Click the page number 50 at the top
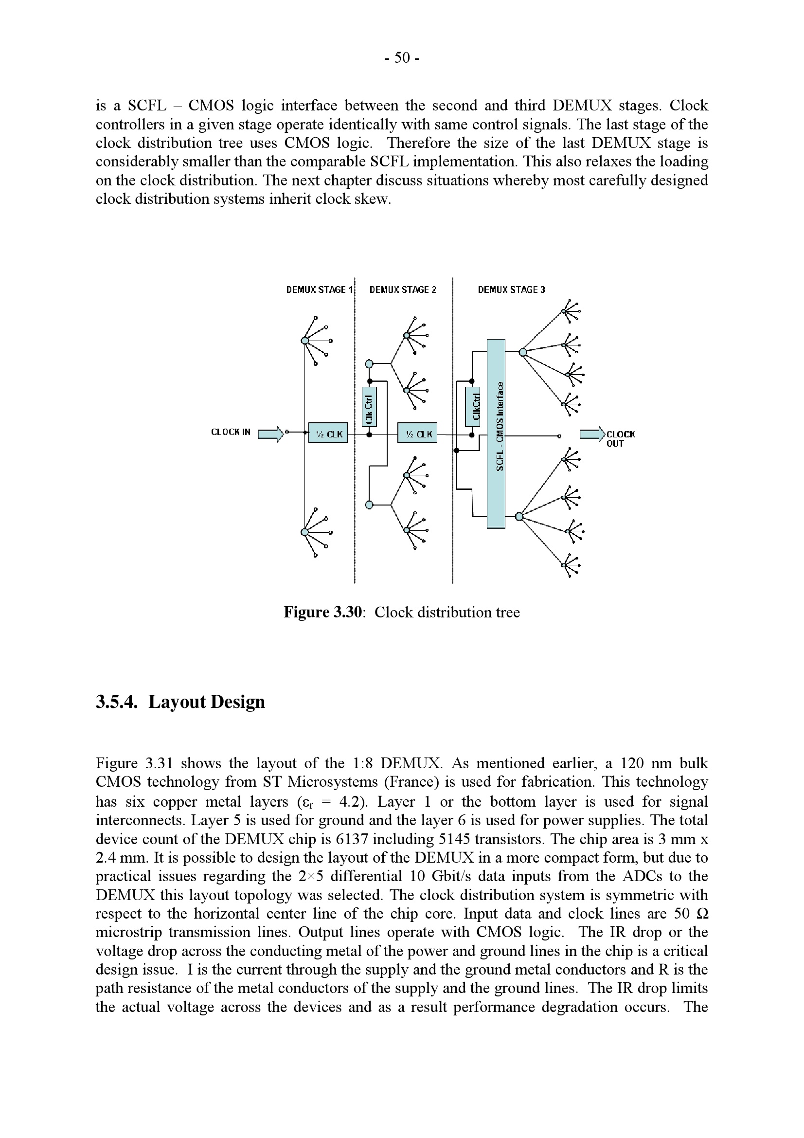coord(402,58)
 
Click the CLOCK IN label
coord(231,432)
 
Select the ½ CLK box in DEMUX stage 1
coord(328,434)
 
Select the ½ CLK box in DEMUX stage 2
coord(417,434)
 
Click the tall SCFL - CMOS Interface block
coord(496,434)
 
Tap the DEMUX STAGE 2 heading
coord(403,290)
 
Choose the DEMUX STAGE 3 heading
coord(511,290)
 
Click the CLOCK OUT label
coord(620,439)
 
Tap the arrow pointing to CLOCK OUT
coord(592,434)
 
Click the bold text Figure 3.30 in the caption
coord(323,613)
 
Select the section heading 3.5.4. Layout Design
coord(180,702)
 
